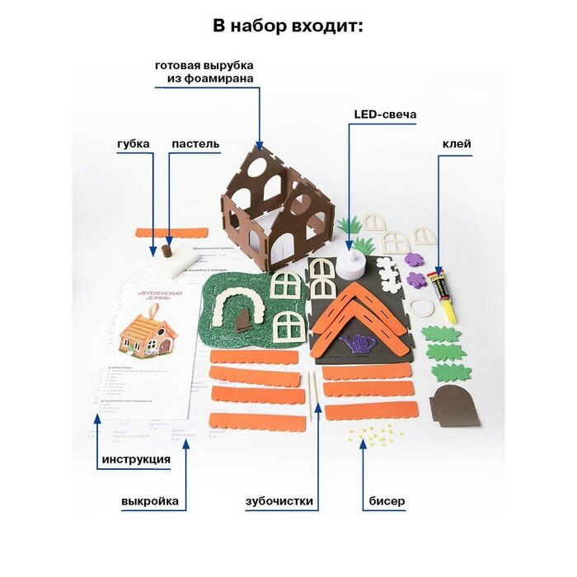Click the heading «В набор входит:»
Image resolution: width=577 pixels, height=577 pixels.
point(288,26)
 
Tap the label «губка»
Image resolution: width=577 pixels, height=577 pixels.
point(133,144)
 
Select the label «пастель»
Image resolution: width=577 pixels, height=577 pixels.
point(195,144)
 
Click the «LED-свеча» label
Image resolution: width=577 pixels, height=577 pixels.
point(385,115)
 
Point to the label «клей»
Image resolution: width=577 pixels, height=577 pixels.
point(457,144)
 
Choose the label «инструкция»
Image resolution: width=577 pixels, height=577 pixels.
point(136,459)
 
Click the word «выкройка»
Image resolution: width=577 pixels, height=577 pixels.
point(149,500)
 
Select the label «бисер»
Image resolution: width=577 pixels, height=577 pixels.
point(387,500)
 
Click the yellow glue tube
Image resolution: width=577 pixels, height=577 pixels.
point(445,295)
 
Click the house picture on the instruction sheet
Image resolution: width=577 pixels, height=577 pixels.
point(148,333)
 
